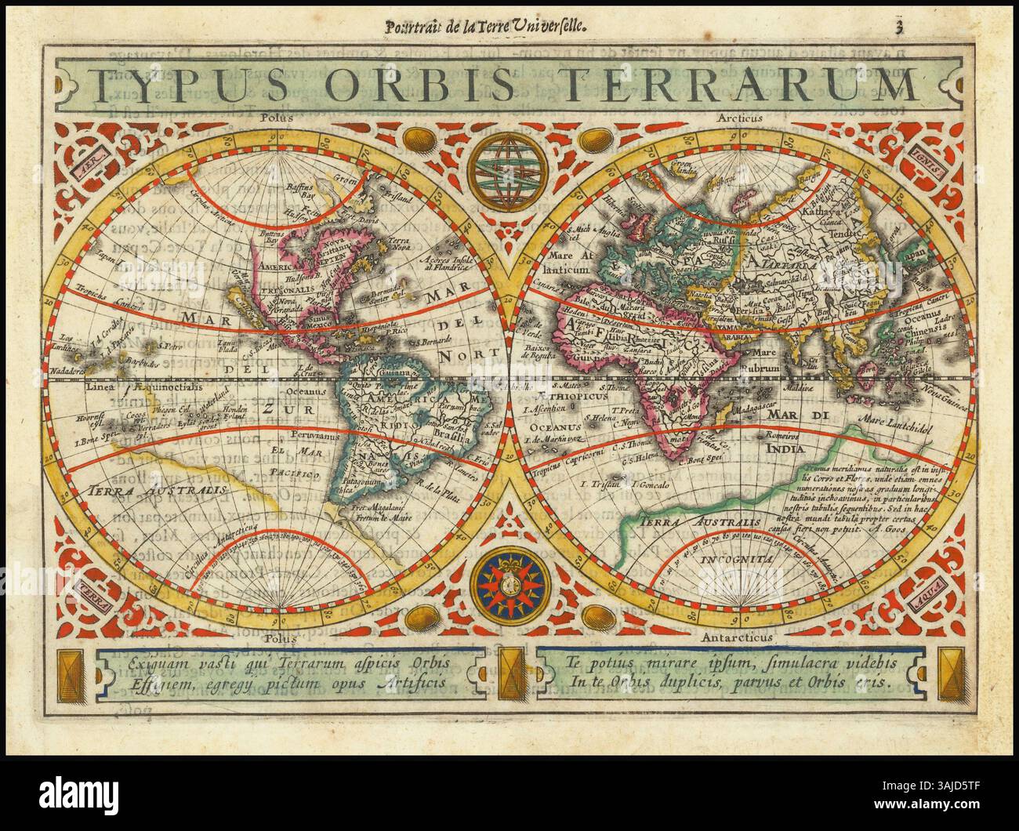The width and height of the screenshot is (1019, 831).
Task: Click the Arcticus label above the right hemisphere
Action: coord(736,118)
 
